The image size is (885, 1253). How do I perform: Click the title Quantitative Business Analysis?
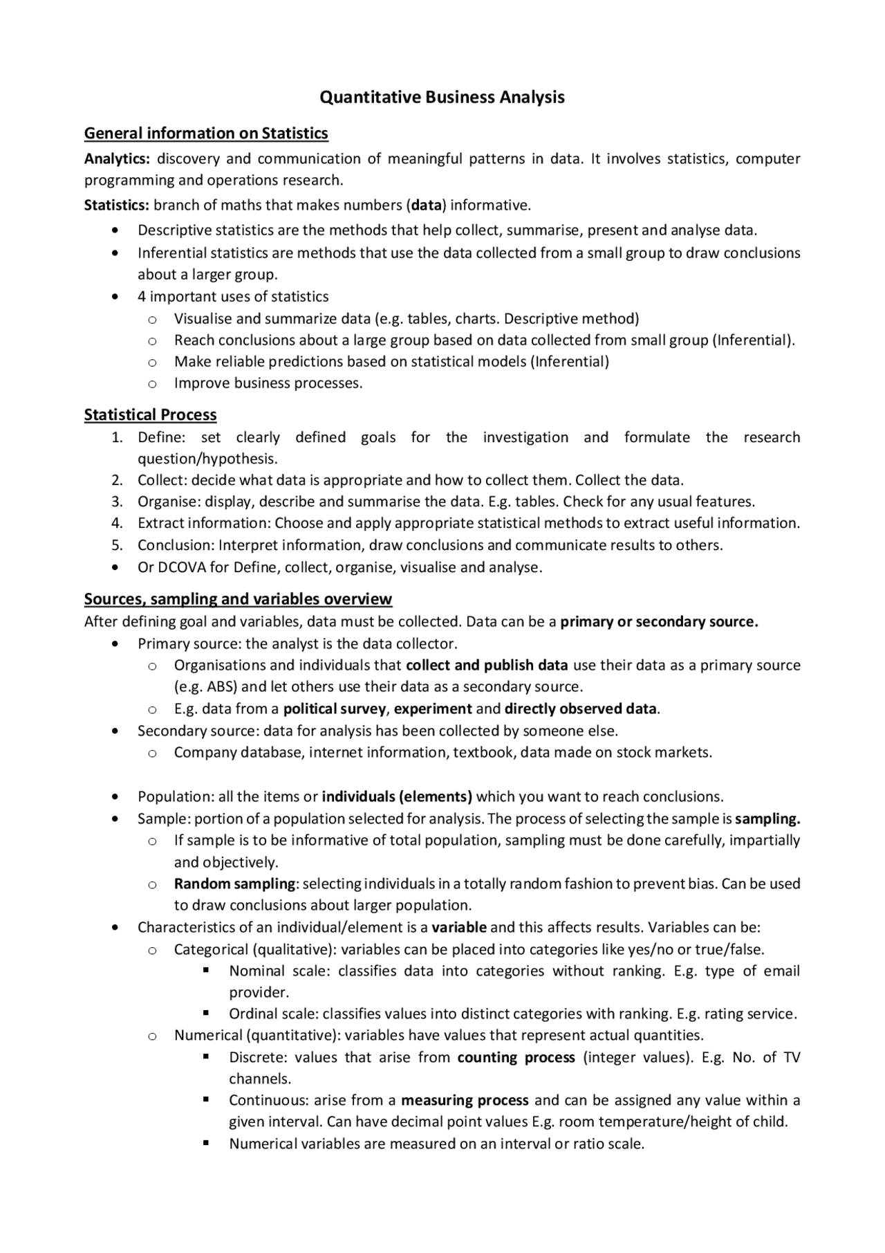tap(442, 97)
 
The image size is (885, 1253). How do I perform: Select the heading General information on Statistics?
tap(206, 133)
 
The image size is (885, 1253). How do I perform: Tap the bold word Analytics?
tap(117, 159)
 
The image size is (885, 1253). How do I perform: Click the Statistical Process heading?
tap(150, 414)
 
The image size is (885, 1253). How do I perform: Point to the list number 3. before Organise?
tap(117, 502)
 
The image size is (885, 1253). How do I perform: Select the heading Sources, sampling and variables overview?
tap(238, 598)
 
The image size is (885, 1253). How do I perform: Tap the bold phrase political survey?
tap(334, 708)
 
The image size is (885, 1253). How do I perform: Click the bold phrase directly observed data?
tap(581, 708)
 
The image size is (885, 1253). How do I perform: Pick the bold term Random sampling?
tap(234, 884)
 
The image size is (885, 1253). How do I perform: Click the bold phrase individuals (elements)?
tap(397, 796)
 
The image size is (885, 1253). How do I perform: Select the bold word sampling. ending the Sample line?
tap(767, 819)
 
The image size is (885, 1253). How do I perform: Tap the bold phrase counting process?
tap(516, 1057)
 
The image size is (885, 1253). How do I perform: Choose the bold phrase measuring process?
tap(465, 1100)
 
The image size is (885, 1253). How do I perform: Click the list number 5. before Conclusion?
tap(117, 545)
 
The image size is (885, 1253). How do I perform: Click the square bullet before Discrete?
tap(206, 1057)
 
